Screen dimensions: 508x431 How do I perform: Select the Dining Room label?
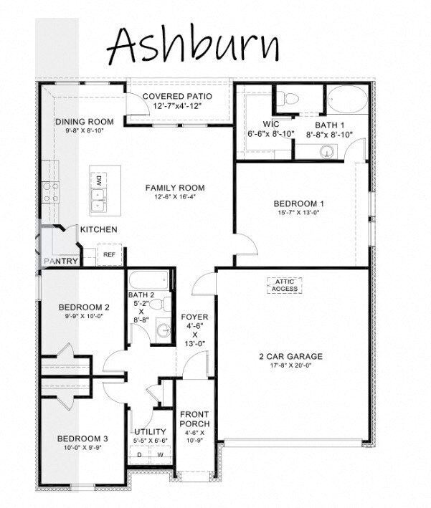[x=85, y=121]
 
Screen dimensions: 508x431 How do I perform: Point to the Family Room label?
[x=170, y=188]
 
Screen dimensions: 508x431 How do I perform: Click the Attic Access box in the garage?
[x=285, y=284]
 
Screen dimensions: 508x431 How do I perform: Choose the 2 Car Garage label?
[x=290, y=356]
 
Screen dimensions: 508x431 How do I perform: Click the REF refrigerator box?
[x=110, y=254]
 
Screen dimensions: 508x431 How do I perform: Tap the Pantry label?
[x=61, y=262]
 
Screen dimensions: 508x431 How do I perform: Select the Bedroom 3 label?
[x=83, y=438]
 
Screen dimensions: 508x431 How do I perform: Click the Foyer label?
[x=194, y=317]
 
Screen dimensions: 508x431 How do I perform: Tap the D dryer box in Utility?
[x=138, y=454]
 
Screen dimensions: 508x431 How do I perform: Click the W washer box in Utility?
[x=160, y=454]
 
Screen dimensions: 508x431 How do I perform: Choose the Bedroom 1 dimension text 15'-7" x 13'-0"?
[x=297, y=213]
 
